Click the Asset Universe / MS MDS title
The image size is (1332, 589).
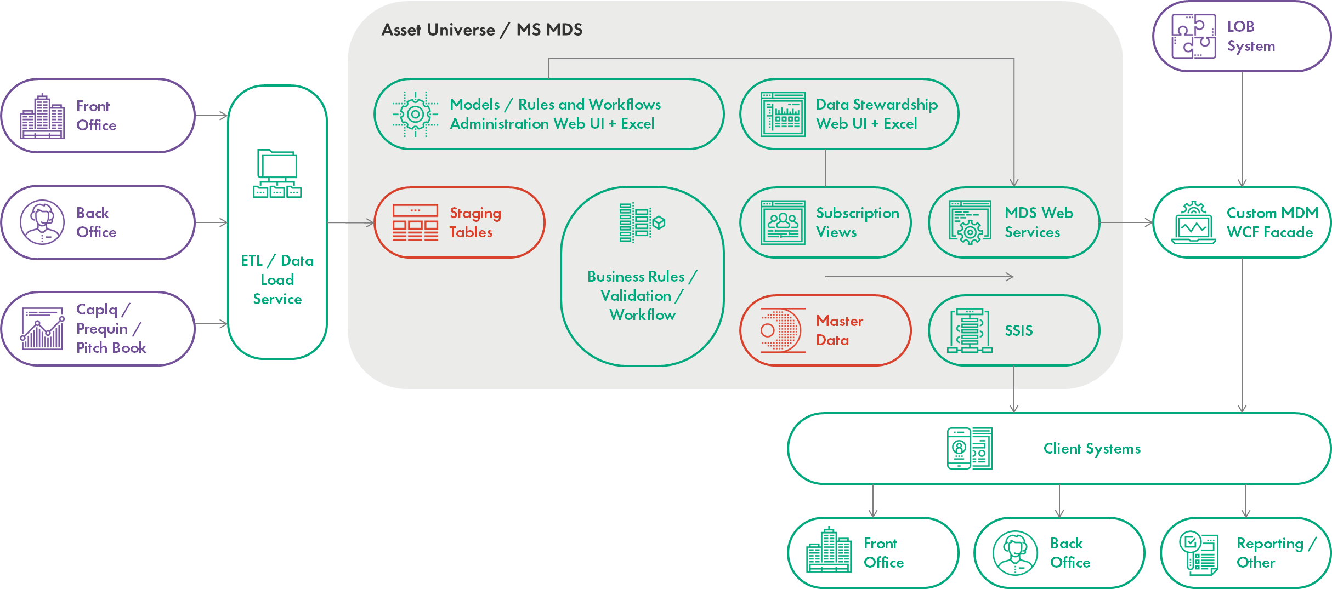[x=481, y=30]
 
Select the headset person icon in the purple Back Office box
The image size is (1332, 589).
[x=42, y=222]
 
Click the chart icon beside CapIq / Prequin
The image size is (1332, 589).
[x=42, y=328]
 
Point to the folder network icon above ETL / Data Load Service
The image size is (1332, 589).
[x=277, y=173]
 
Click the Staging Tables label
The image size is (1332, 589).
[x=475, y=222]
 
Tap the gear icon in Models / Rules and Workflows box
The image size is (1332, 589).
[x=415, y=114]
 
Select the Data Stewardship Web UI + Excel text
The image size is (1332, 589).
[x=876, y=114]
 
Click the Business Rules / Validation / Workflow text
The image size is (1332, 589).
[x=642, y=295]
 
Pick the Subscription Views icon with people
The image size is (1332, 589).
[x=783, y=222]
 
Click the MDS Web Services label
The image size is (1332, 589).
[x=1038, y=222]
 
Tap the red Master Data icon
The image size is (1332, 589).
[x=783, y=330]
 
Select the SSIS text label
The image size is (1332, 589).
[x=1018, y=330]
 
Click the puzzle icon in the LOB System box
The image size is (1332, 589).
[x=1193, y=36]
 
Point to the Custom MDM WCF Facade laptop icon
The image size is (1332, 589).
[x=1193, y=223]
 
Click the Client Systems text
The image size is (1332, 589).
[x=1091, y=449]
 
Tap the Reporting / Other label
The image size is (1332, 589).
[x=1275, y=553]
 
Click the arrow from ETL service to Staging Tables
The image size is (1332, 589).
[x=351, y=222]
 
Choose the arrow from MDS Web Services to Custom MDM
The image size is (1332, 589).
[x=1126, y=222]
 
